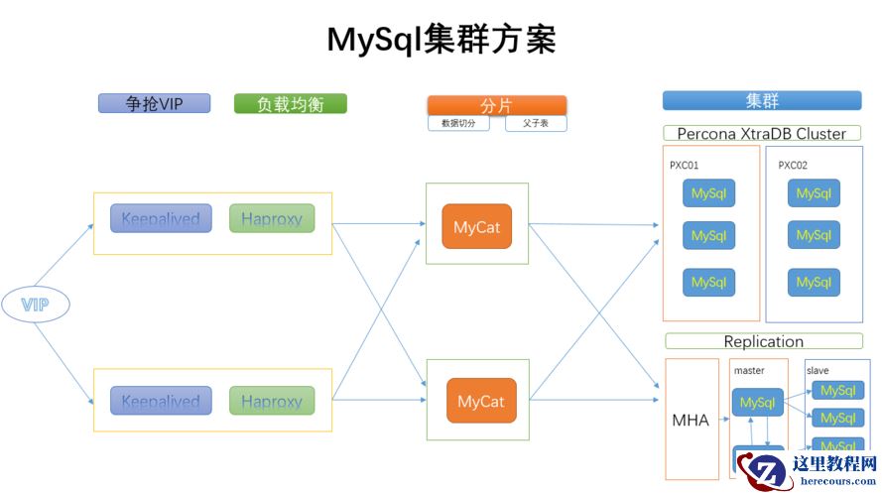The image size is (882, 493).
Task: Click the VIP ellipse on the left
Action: pos(35,305)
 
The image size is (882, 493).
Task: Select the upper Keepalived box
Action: pos(161,218)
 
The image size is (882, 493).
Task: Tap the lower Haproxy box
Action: pos(271,401)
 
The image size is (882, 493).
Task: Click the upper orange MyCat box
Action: pos(477,227)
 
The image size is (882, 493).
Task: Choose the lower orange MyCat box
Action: pos(481,401)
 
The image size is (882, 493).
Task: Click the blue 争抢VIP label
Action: pos(154,103)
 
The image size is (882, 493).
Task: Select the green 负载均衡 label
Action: pos(290,103)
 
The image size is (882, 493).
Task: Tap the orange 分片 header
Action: pos(496,105)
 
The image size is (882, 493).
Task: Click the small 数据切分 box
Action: pos(458,124)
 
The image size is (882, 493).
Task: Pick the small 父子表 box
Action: pos(536,124)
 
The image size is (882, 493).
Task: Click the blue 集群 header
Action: pos(762,100)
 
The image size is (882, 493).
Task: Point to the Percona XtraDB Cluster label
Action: pos(762,133)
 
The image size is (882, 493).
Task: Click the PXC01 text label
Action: pos(684,166)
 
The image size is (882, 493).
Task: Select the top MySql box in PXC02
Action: pos(814,193)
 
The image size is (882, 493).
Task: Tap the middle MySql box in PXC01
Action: pos(708,236)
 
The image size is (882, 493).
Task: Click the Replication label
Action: pos(763,341)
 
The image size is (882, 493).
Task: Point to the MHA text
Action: pos(691,420)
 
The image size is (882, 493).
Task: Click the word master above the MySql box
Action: pos(749,370)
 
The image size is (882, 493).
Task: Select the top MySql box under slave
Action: pos(837,391)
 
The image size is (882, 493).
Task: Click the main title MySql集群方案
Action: pos(441,40)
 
